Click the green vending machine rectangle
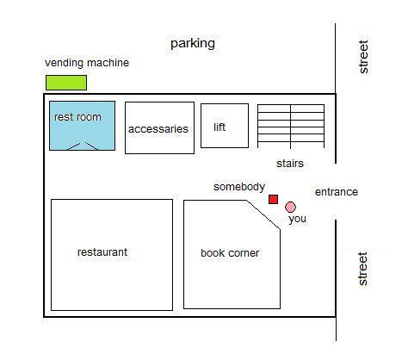(66, 83)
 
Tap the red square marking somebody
(273, 199)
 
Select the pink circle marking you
(290, 207)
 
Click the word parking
(193, 44)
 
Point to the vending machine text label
(87, 63)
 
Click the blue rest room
(83, 126)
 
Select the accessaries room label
(158, 129)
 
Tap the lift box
(225, 126)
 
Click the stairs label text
(290, 164)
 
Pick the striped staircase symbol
(291, 127)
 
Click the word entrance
(337, 192)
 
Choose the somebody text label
(239, 187)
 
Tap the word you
(297, 219)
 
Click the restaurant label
(102, 252)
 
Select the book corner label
(230, 253)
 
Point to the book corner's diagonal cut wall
(263, 214)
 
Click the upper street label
(363, 57)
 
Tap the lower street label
(363, 269)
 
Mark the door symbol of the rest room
(83, 146)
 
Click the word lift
(219, 127)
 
